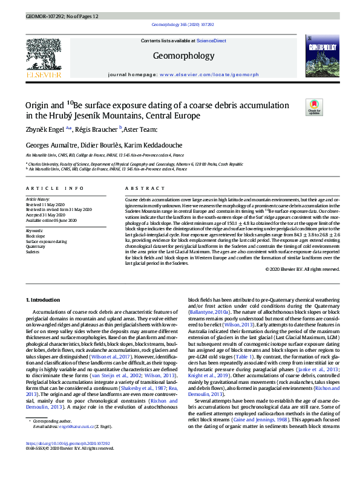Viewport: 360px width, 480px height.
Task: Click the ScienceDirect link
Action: (212, 41)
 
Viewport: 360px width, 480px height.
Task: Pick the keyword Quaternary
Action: (35, 247)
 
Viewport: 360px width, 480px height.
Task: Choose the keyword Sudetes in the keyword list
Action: (33, 251)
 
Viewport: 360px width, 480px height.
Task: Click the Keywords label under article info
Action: (34, 231)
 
